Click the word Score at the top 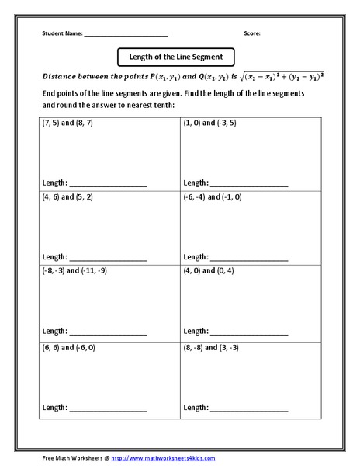(x=252, y=33)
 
